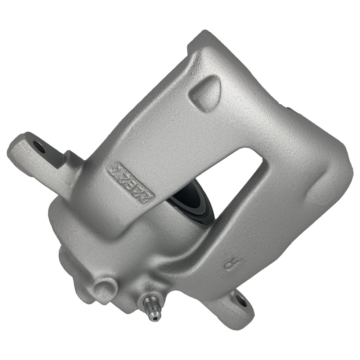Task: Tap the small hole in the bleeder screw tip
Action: coord(155,318)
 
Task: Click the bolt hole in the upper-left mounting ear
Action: coord(39,147)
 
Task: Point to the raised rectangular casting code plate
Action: coord(131,182)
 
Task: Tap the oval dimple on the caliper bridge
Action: coord(205,93)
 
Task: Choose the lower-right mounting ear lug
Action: coord(234,306)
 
